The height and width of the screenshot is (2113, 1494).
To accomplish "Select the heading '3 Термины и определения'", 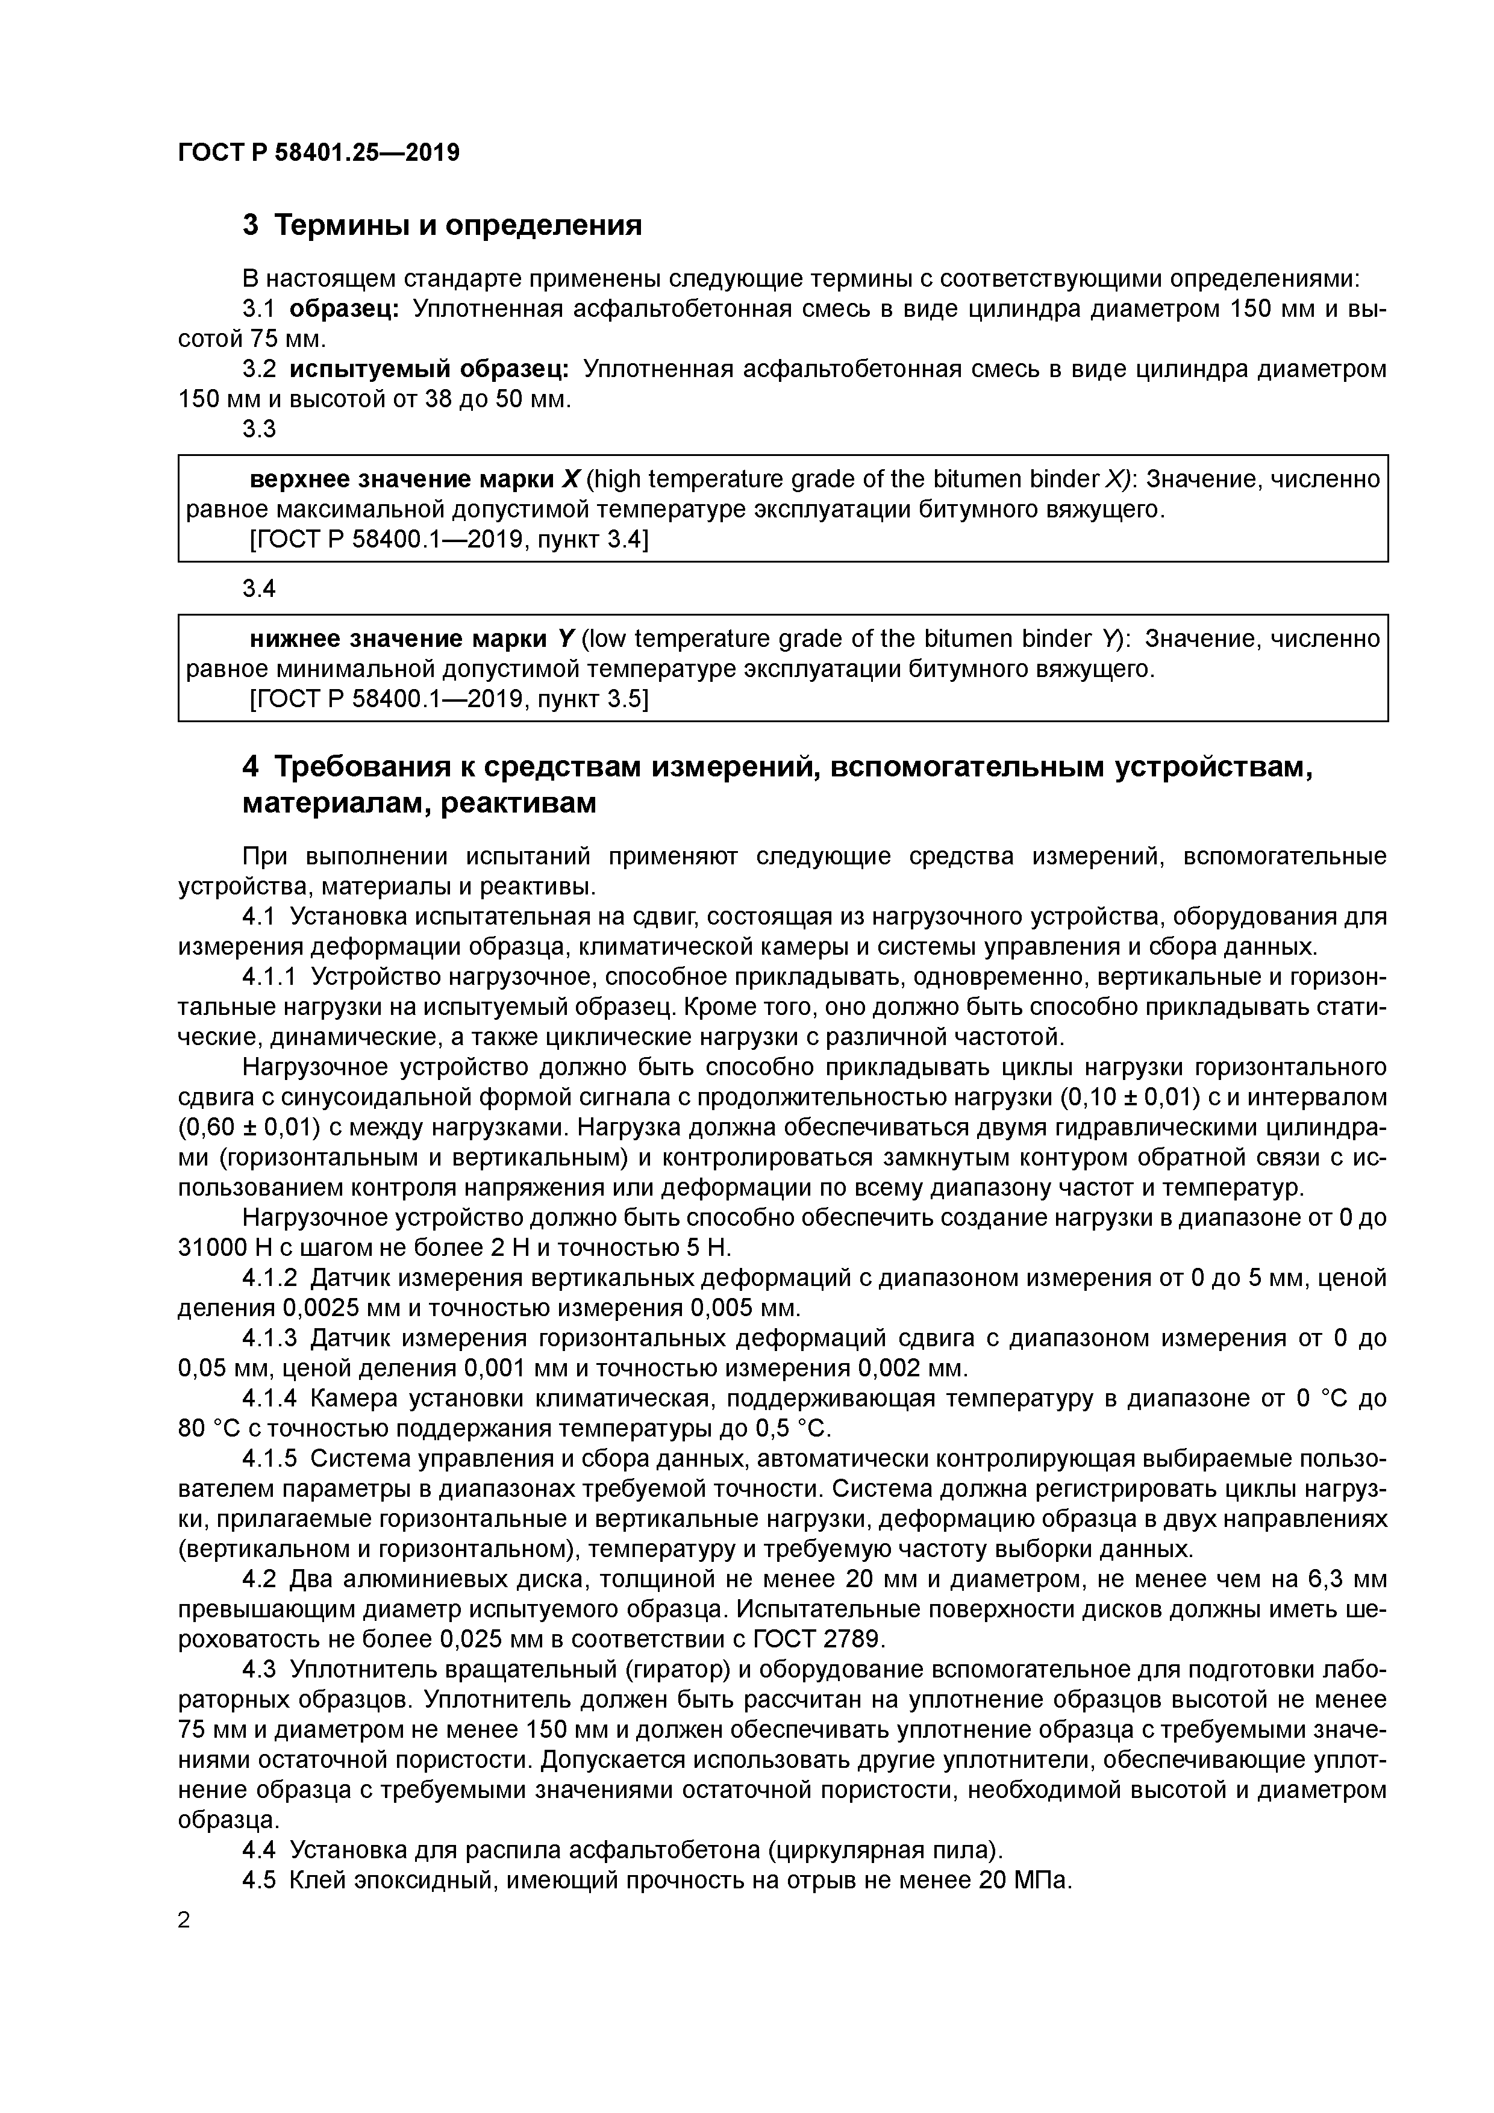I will coord(442,225).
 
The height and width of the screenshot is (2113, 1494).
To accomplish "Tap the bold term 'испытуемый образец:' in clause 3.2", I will coord(429,370).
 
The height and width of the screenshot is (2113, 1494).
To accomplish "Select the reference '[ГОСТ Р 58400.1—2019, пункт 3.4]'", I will coord(449,541).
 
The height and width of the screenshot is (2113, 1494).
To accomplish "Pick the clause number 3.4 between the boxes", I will coord(258,589).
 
